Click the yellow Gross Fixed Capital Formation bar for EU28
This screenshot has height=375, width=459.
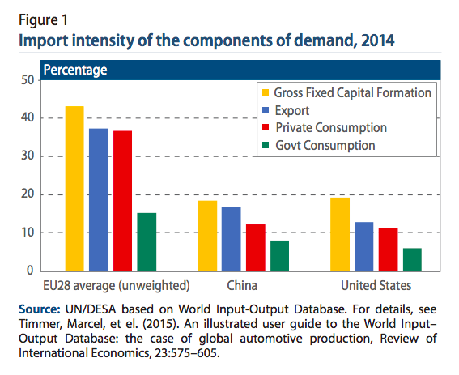click(74, 189)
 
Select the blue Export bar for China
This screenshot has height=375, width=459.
click(232, 239)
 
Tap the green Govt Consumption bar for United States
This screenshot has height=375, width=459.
click(412, 260)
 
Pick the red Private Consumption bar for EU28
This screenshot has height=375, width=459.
click(123, 201)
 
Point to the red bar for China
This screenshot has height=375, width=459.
click(256, 248)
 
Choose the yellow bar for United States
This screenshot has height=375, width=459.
click(340, 234)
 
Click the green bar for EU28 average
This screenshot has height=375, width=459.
click(147, 242)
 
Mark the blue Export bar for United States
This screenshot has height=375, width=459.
click(364, 247)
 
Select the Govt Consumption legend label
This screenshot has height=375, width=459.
click(325, 145)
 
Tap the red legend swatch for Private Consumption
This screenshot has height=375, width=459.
click(266, 127)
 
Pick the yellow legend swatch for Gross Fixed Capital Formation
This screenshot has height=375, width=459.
click(266, 92)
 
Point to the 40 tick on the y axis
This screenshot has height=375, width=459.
click(28, 117)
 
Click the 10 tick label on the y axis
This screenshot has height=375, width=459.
click(28, 232)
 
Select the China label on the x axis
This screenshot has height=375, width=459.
click(242, 285)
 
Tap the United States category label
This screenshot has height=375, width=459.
click(376, 285)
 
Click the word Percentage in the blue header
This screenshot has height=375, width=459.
click(75, 70)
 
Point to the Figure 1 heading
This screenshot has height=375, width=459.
click(44, 20)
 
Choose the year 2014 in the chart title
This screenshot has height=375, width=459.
click(378, 40)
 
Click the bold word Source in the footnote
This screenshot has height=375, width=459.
click(39, 309)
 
